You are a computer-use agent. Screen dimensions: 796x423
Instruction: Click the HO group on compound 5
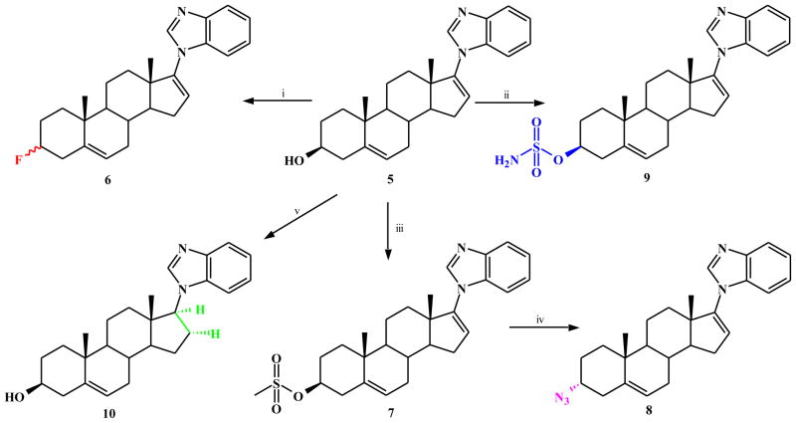point(305,158)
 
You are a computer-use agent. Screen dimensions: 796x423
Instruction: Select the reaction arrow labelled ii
point(508,99)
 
